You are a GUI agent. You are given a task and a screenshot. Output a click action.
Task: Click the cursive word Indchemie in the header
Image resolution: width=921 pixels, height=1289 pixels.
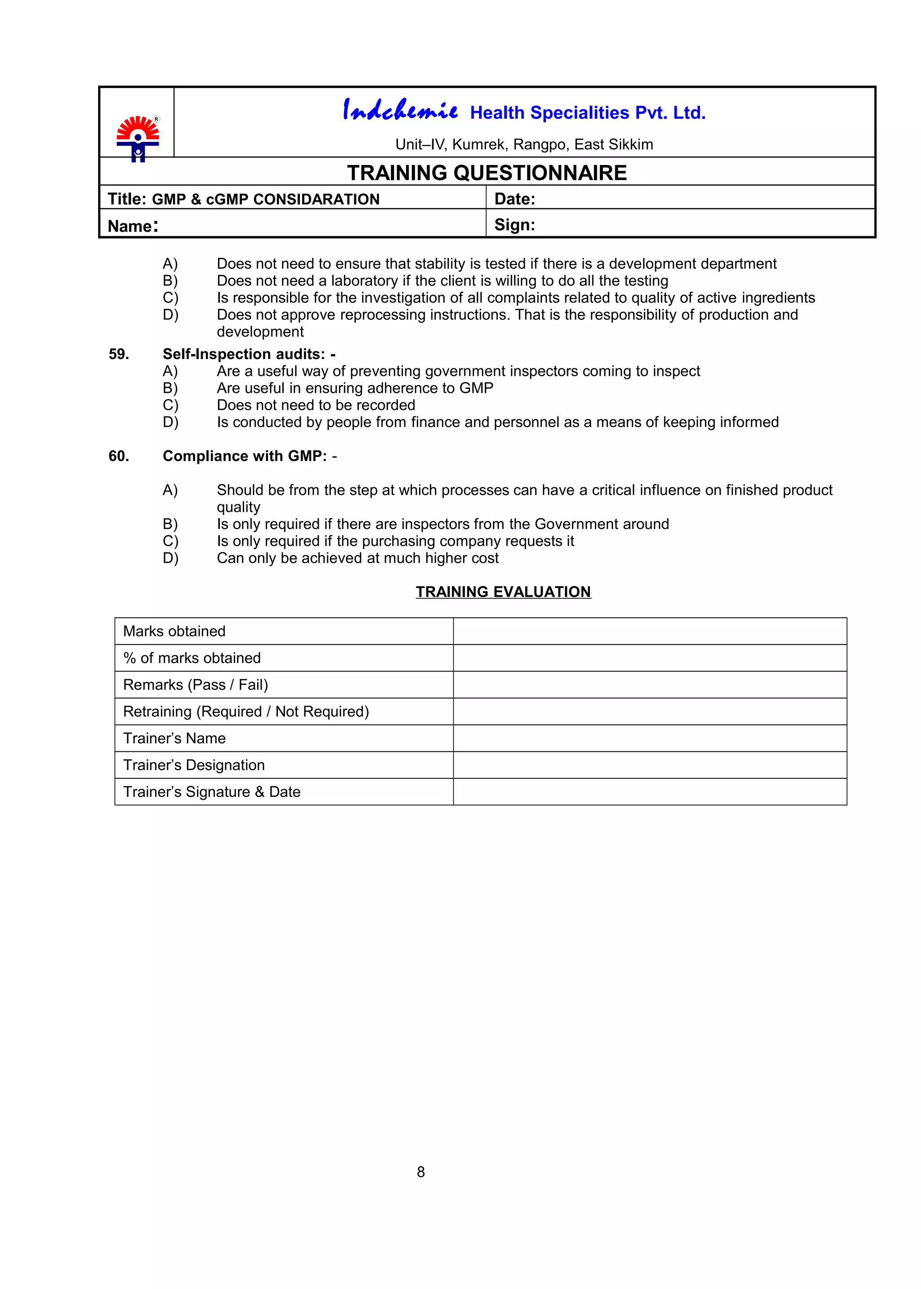pos(400,110)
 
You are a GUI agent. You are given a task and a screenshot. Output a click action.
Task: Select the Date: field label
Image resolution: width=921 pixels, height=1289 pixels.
pos(514,199)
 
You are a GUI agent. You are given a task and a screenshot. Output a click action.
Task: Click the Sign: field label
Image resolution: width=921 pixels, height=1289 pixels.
pos(514,225)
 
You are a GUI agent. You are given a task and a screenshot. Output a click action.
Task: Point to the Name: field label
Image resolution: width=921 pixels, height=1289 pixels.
pos(133,226)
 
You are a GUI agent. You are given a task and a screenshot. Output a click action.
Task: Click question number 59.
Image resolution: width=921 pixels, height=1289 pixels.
pos(119,354)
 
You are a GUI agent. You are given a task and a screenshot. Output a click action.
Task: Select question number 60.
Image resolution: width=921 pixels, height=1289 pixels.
pos(119,456)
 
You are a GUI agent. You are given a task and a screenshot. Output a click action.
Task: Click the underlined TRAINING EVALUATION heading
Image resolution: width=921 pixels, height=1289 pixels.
pos(503,592)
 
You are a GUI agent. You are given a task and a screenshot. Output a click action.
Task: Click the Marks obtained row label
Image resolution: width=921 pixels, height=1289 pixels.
pos(174,631)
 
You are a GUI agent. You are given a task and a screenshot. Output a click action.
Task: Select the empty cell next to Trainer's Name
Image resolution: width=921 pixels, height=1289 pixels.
pos(649,738)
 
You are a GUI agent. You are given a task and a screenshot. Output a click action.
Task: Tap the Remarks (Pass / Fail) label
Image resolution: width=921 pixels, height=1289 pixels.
pos(195,685)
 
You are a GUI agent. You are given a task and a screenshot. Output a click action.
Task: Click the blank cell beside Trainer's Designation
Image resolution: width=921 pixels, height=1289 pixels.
pos(649,765)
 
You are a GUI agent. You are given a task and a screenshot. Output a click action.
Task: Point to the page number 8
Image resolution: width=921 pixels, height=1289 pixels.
pos(421,1172)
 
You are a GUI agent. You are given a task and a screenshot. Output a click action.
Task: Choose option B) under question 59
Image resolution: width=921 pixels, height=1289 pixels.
pos(170,388)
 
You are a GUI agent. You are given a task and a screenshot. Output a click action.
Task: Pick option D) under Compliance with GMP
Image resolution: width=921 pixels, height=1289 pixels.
pos(170,558)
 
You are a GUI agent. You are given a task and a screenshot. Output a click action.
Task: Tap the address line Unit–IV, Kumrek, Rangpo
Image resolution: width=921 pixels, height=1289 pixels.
pos(523,145)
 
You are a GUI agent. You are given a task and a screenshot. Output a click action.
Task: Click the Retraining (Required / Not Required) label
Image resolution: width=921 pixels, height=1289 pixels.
pos(246,712)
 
